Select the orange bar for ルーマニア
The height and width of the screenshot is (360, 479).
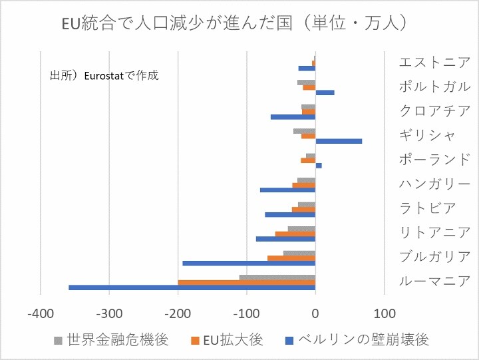coord(246,282)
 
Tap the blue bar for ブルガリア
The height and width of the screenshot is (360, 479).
coord(249,264)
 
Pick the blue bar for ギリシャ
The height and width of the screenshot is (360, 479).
coord(339,141)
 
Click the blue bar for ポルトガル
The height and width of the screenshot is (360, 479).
coord(325,92)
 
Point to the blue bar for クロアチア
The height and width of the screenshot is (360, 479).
coord(293,117)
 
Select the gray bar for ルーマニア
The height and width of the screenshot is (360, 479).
coord(277,277)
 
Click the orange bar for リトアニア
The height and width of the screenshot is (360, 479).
coord(295,234)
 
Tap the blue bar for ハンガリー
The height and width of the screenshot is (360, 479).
coord(287,190)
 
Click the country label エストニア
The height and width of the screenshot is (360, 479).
coord(434,63)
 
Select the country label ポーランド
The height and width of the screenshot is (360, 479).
coord(434,160)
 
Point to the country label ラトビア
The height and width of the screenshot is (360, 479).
coord(428,208)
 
